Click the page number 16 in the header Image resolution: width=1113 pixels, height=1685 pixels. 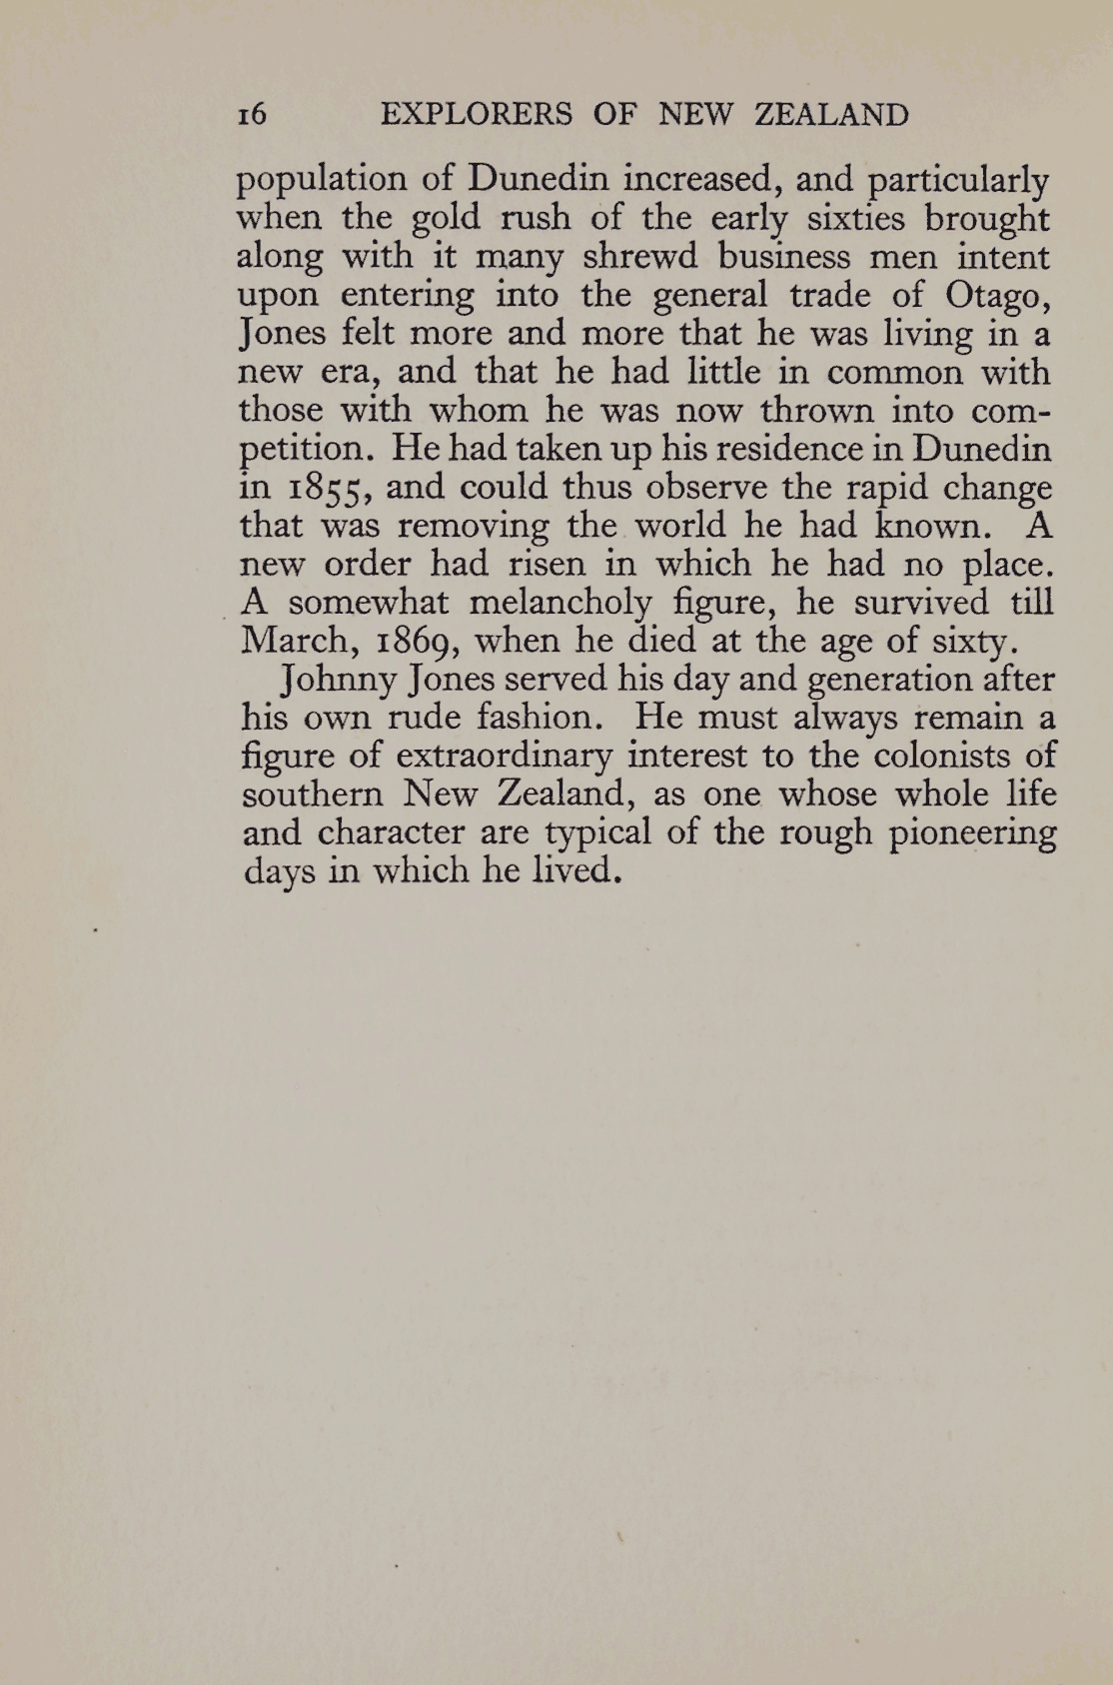coord(252,115)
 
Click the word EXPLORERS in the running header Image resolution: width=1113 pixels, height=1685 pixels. coord(478,115)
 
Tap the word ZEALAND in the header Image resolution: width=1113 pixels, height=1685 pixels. coord(831,115)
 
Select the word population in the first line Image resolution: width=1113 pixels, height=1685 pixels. coord(320,181)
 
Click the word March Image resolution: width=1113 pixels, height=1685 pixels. coord(301,640)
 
